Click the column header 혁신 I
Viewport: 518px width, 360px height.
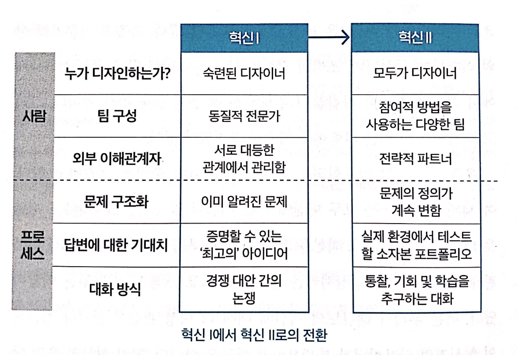point(244,38)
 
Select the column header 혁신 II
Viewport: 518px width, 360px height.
point(415,38)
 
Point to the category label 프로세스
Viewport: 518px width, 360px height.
point(35,245)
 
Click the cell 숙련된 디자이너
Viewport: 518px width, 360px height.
point(244,73)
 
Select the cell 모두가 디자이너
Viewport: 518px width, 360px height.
point(415,73)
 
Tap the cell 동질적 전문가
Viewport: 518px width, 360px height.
point(244,116)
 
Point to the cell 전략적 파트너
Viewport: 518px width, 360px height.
point(415,159)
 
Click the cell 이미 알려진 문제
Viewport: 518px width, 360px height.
point(244,202)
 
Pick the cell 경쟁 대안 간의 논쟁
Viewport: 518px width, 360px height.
point(244,288)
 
